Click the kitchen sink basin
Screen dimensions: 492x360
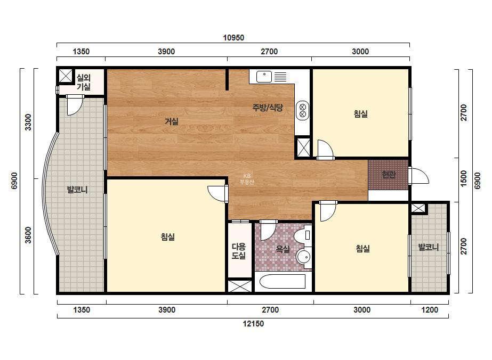(x=264, y=77)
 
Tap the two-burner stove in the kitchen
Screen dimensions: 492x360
(x=302, y=110)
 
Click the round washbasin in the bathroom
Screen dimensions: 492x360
(x=304, y=257)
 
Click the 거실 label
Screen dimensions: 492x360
(x=172, y=121)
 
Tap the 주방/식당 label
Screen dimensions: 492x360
(x=268, y=108)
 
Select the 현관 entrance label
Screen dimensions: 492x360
(x=389, y=174)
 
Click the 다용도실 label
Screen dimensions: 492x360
(x=238, y=251)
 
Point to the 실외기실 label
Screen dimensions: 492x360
(x=84, y=82)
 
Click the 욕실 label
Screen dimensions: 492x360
(x=283, y=249)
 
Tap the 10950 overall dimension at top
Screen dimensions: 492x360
(x=233, y=38)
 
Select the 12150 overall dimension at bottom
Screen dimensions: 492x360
(x=253, y=324)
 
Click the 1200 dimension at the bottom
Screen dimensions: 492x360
(x=430, y=310)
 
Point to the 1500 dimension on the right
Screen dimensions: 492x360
(x=463, y=178)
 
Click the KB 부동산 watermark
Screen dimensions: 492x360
(x=247, y=179)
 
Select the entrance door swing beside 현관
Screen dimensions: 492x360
(x=418, y=176)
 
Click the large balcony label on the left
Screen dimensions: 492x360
(x=77, y=190)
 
